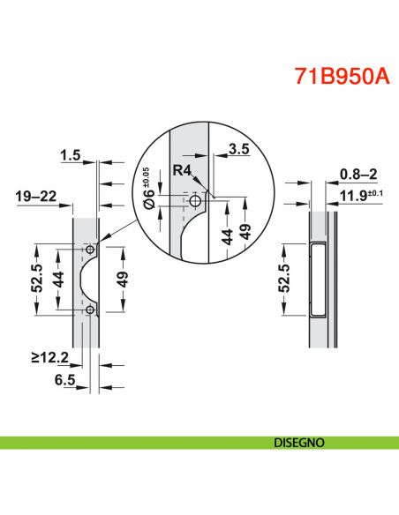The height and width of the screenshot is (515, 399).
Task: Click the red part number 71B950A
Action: click(341, 75)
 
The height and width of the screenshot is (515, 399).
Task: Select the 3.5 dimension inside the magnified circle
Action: click(237, 151)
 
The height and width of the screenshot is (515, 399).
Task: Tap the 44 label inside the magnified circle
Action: click(228, 235)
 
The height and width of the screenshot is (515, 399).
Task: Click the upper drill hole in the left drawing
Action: click(90, 250)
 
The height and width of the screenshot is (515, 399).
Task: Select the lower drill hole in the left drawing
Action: click(90, 310)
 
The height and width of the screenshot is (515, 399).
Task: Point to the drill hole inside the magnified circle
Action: click(194, 202)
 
